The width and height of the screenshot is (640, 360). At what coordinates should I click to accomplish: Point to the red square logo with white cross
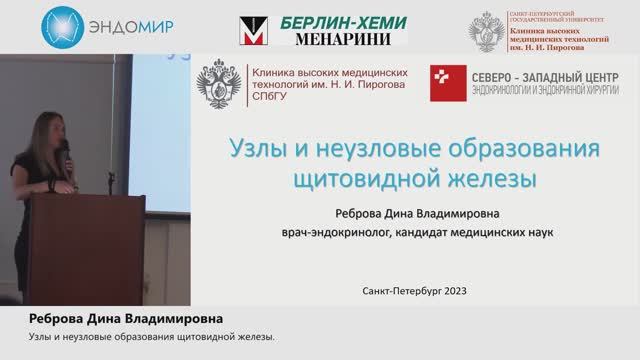(x=445, y=84)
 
